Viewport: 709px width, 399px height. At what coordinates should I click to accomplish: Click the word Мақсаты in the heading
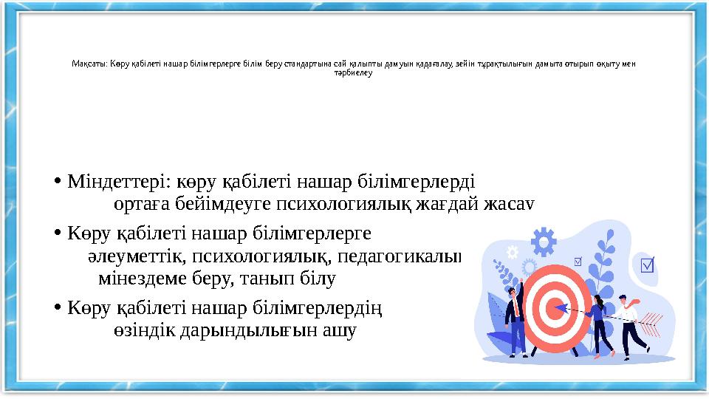89,63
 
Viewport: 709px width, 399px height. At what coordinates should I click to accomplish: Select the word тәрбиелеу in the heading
354,72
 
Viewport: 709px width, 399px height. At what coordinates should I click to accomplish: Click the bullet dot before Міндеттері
58,181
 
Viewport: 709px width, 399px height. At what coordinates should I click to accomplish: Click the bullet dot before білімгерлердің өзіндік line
58,307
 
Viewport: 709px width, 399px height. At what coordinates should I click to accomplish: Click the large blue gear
543,241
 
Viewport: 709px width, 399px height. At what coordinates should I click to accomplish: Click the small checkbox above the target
577,260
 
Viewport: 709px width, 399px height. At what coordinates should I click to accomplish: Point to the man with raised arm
514,314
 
